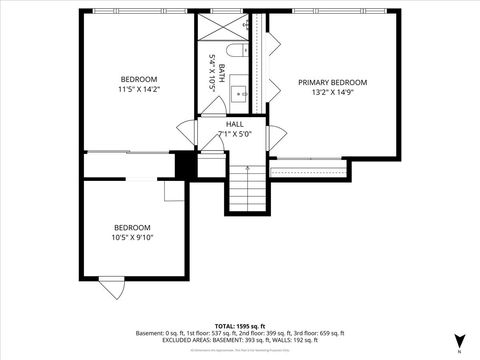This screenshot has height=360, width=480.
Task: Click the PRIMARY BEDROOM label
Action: click(333, 82)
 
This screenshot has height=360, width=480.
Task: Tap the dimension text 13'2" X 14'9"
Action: click(333, 93)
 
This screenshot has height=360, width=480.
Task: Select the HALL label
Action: click(234, 124)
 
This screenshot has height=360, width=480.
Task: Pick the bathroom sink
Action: click(240, 94)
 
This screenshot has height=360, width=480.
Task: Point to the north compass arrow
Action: click(459, 341)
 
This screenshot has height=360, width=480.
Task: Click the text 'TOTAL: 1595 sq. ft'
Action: click(240, 326)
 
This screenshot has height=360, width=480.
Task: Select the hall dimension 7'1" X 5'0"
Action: click(234, 134)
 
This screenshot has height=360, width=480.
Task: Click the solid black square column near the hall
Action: click(184, 164)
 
